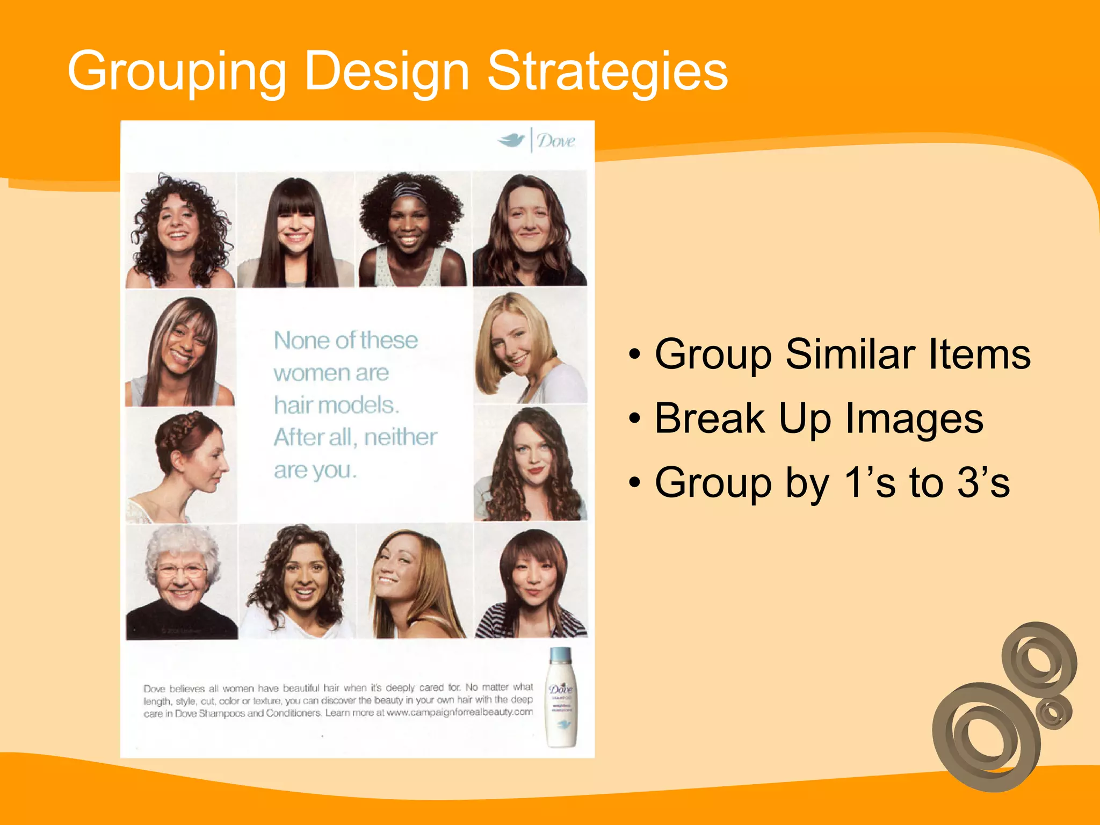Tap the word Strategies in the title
(607, 71)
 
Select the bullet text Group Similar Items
(842, 354)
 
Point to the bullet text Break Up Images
(819, 418)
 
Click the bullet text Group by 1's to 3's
(832, 482)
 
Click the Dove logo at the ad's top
(537, 141)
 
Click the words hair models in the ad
(336, 405)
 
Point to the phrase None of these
(345, 341)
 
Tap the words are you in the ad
(315, 471)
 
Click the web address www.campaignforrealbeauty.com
(459, 713)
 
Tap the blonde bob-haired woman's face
(513, 344)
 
